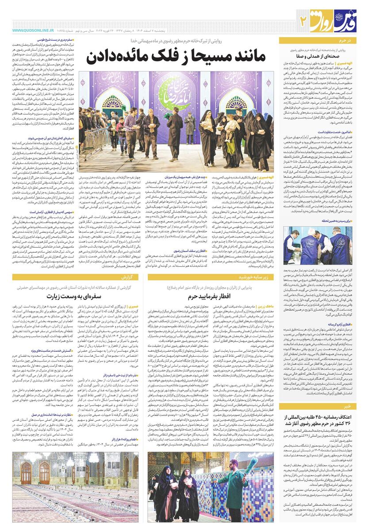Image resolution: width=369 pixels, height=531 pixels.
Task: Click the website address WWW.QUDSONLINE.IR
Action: point(33,30)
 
